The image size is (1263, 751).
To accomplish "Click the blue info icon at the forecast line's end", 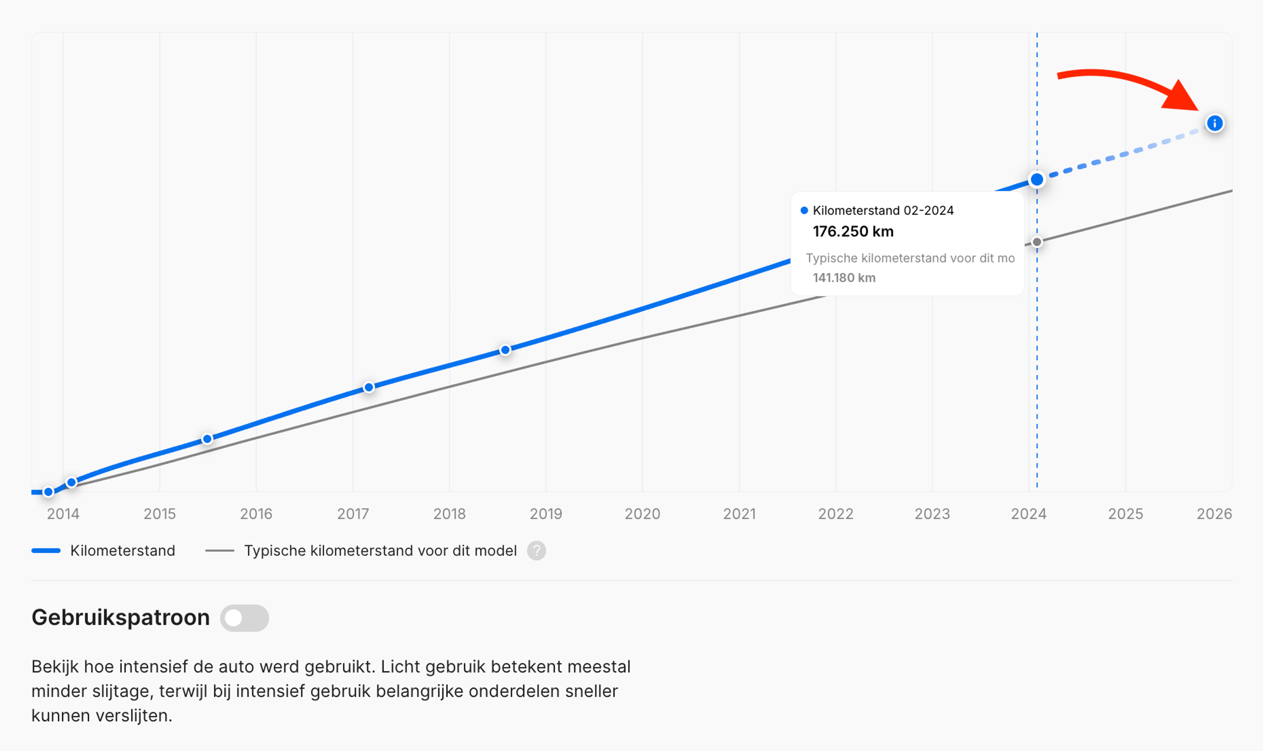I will tap(1214, 123).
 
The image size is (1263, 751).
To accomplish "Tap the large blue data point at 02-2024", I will tap(1037, 179).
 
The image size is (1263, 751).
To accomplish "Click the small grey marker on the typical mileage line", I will tap(1037, 242).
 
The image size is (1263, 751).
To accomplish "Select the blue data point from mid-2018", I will tap(505, 350).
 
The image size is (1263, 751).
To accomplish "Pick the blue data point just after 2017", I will tap(369, 387).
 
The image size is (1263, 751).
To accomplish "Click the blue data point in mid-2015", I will tap(207, 439).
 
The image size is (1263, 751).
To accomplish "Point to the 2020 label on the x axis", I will tap(642, 513).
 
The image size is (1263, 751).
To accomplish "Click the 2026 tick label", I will tap(1214, 513).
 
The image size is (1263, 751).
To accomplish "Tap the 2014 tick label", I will tap(63, 513).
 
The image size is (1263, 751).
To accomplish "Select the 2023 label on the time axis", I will tap(932, 513).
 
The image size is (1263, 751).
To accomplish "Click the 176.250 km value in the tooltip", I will tap(853, 231).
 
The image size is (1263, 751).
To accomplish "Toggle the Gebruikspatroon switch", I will tap(244, 618).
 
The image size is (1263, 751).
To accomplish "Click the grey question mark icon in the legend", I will tap(536, 551).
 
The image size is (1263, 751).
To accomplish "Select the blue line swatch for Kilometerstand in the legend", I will tap(46, 551).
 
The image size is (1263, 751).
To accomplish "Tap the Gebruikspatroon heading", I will tap(120, 617).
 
